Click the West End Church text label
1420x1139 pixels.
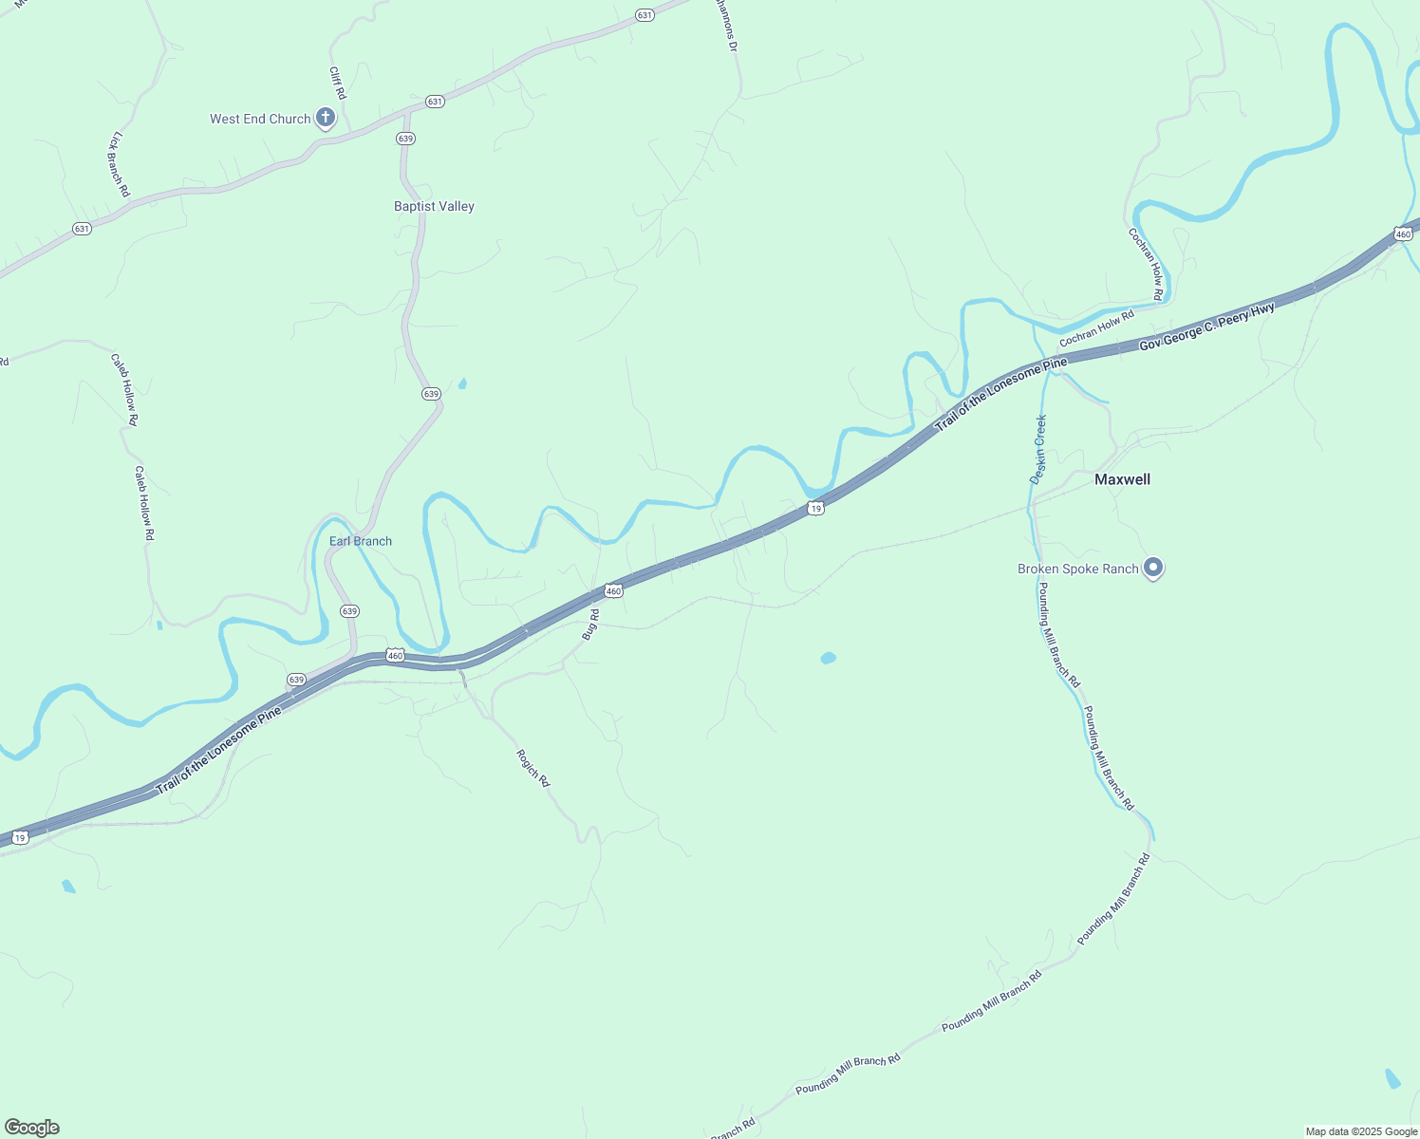[260, 119]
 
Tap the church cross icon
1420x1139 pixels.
[326, 118]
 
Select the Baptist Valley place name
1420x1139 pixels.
[434, 206]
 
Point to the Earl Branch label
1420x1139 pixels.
[360, 541]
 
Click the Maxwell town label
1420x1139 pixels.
[1122, 479]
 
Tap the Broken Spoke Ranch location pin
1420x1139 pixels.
[1153, 568]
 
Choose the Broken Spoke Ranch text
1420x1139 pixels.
[1077, 569]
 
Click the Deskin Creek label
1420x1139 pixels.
[1038, 450]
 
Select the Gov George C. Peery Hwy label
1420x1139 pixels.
[1206, 327]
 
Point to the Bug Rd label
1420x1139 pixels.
[590, 625]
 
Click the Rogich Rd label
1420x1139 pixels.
[532, 768]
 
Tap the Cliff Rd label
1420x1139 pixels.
[337, 83]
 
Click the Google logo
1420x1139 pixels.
[31, 1128]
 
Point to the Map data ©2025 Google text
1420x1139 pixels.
[1360, 1131]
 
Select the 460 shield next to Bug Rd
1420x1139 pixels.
[613, 591]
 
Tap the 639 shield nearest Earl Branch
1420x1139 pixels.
[349, 611]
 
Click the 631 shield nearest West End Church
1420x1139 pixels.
[435, 102]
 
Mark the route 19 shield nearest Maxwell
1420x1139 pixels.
[816, 509]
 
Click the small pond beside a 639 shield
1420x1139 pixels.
[462, 383]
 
